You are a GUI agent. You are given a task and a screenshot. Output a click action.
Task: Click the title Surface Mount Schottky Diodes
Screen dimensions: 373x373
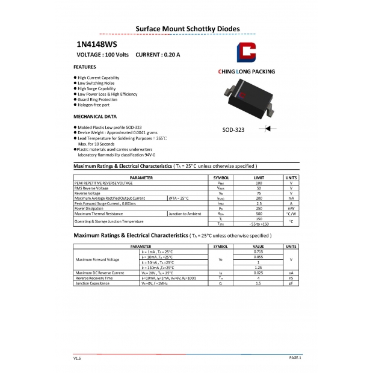pos(187,28)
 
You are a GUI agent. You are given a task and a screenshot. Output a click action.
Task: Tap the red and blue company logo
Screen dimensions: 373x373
pos(247,54)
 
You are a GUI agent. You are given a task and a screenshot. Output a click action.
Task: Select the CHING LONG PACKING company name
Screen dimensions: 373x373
pos(246,72)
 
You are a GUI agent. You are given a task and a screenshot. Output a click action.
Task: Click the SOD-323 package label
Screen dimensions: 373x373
pos(232,129)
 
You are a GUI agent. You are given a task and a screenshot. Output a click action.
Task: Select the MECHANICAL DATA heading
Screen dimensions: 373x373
pos(94,116)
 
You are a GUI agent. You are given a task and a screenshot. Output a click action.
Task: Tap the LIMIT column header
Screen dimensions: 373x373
pos(259,178)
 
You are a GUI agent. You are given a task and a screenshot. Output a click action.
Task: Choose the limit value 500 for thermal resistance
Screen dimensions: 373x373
pos(259,214)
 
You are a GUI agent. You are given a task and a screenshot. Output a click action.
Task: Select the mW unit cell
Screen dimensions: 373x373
pos(291,208)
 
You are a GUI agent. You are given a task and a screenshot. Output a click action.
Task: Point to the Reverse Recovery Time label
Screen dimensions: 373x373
pos(94,278)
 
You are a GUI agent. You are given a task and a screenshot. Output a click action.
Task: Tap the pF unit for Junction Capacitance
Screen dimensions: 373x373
pos(291,283)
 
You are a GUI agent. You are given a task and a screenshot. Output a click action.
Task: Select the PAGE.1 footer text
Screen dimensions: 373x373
pos(295,357)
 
